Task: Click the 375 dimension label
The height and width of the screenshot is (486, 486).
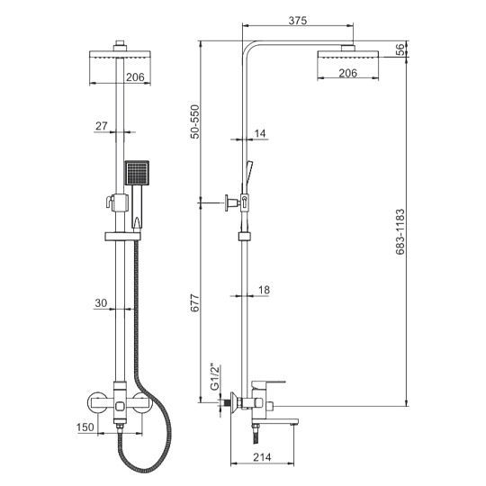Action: [x=298, y=21]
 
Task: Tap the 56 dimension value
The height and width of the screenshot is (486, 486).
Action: [x=401, y=49]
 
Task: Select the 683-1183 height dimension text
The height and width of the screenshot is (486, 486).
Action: [x=400, y=231]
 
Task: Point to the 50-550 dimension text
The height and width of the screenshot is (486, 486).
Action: [x=195, y=121]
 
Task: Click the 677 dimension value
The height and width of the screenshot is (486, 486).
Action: [x=195, y=302]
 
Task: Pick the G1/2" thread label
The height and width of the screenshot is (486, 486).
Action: [x=215, y=377]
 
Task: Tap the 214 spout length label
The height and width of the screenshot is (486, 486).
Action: [x=262, y=457]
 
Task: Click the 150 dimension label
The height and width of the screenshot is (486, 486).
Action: [x=85, y=427]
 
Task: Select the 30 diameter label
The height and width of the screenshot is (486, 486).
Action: [x=101, y=302]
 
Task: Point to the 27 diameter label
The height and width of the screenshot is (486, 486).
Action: [x=102, y=126]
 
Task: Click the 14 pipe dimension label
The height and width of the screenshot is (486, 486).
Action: [x=260, y=133]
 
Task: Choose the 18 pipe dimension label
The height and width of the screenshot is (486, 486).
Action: [x=264, y=290]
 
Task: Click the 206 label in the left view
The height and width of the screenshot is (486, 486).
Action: [x=135, y=77]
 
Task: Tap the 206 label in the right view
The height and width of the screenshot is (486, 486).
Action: [x=347, y=73]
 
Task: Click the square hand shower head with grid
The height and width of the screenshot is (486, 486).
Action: [x=137, y=173]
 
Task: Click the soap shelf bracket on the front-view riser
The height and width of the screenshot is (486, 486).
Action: [x=122, y=237]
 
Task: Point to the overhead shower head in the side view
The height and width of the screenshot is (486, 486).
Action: [x=348, y=54]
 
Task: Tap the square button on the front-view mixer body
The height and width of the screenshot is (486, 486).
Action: [x=120, y=405]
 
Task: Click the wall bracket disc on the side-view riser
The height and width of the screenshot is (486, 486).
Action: [x=227, y=203]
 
